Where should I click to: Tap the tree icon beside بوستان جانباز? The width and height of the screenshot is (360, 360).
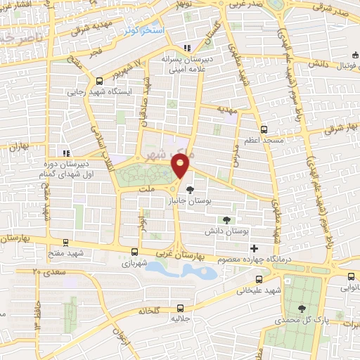tap(189, 189)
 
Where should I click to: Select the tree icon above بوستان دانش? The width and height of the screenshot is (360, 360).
tap(226, 220)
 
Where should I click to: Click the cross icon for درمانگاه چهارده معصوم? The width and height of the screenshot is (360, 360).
tap(254, 248)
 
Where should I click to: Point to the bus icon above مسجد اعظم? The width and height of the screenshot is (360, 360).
tap(264, 129)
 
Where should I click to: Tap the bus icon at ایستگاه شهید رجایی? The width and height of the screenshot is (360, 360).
tap(100, 79)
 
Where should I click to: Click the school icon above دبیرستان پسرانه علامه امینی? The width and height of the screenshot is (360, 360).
tap(187, 48)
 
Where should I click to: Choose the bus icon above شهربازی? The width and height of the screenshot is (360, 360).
tap(134, 251)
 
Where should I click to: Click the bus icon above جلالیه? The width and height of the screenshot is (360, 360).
tap(181, 307)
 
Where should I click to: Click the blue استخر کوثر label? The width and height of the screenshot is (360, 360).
tap(143, 31)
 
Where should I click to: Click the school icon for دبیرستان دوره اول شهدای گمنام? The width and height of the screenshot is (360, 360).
tap(65, 153)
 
